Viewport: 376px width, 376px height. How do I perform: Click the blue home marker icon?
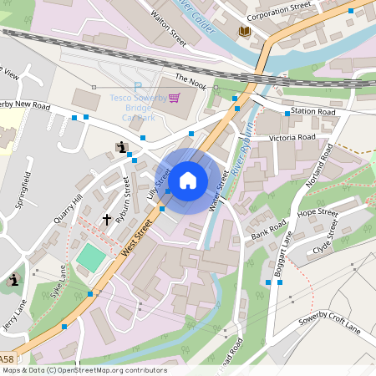pos(188,180)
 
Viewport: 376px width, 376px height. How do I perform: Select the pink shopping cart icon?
pos(174,98)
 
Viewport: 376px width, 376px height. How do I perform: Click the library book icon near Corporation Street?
pos(244,31)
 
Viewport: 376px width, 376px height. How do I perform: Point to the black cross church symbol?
pos(107,220)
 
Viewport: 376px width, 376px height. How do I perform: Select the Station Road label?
pos(312,111)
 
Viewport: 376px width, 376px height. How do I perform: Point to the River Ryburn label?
pos(243,151)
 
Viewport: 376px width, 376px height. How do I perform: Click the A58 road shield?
pos(8,354)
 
